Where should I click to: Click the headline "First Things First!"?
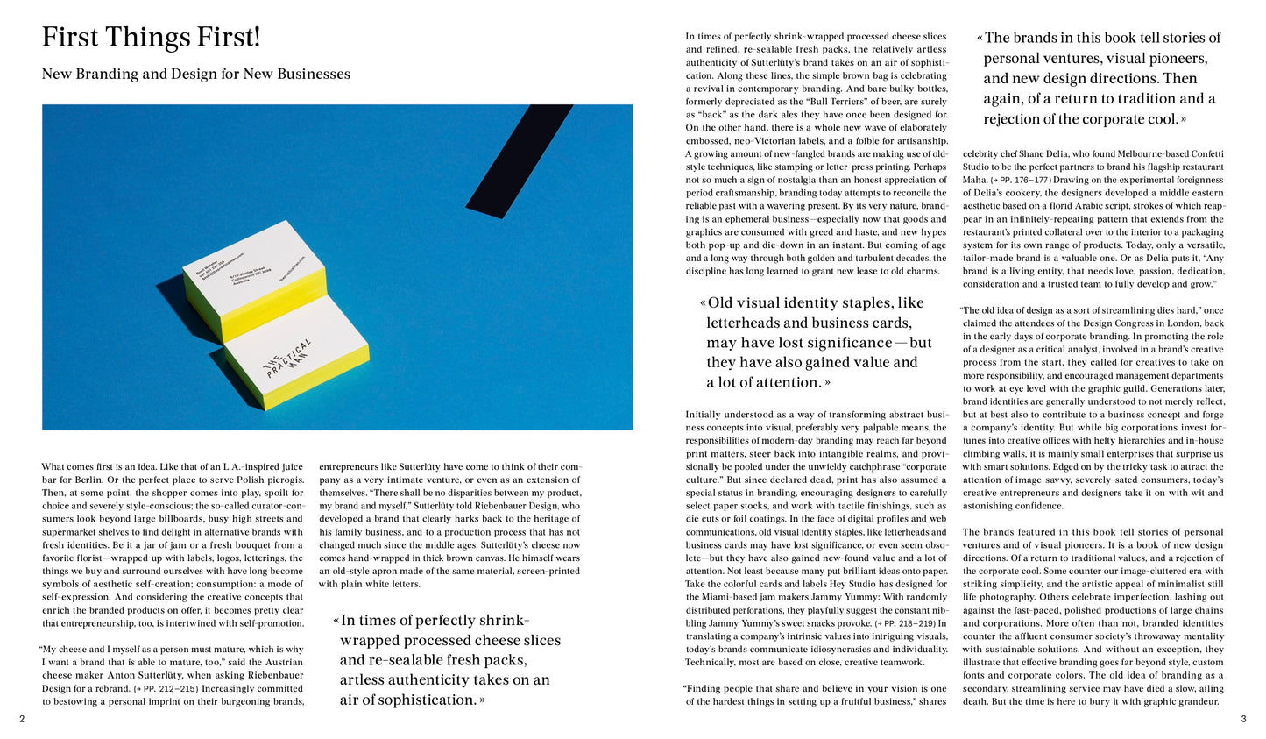tap(151, 39)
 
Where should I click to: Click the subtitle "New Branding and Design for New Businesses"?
tap(195, 75)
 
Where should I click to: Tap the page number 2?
tap(22, 720)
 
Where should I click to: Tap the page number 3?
tap(1243, 720)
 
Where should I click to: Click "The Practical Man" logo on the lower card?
tap(288, 359)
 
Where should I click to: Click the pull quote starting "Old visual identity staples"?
tap(815, 342)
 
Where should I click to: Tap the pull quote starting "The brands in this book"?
tap(1100, 78)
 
